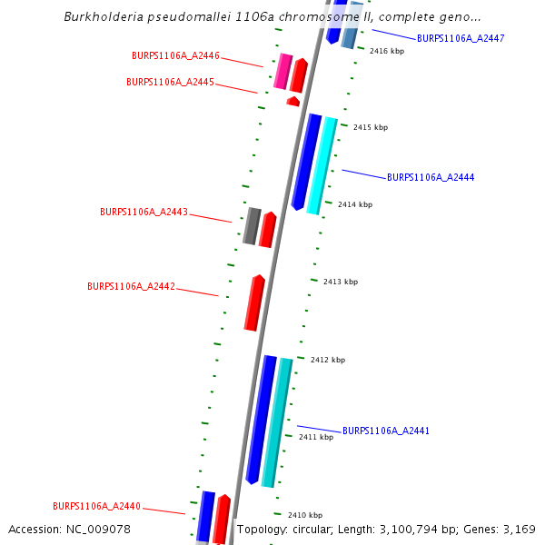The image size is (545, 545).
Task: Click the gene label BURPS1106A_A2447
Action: (x=461, y=38)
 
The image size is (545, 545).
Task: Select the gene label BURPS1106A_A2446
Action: (x=175, y=56)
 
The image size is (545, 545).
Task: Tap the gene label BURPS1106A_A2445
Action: (x=170, y=82)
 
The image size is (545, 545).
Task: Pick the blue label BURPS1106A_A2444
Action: (x=431, y=177)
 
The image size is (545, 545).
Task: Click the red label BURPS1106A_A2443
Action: (x=144, y=213)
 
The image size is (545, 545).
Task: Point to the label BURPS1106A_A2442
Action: (x=131, y=286)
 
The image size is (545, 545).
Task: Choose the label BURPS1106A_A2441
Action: (x=386, y=431)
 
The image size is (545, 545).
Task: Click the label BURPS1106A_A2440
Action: (x=96, y=506)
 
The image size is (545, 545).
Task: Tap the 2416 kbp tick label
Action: (x=387, y=52)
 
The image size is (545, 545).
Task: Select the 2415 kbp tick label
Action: (x=371, y=128)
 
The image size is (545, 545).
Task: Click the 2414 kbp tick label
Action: (x=355, y=205)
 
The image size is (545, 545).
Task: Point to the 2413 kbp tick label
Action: (x=341, y=282)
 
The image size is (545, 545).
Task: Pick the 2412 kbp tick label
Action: (x=328, y=361)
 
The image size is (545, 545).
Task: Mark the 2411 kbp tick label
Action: (x=316, y=438)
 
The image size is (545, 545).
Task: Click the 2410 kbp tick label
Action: (x=305, y=515)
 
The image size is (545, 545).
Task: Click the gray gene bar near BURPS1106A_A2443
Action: (x=252, y=226)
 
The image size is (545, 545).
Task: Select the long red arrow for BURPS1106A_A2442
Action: (x=254, y=302)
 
